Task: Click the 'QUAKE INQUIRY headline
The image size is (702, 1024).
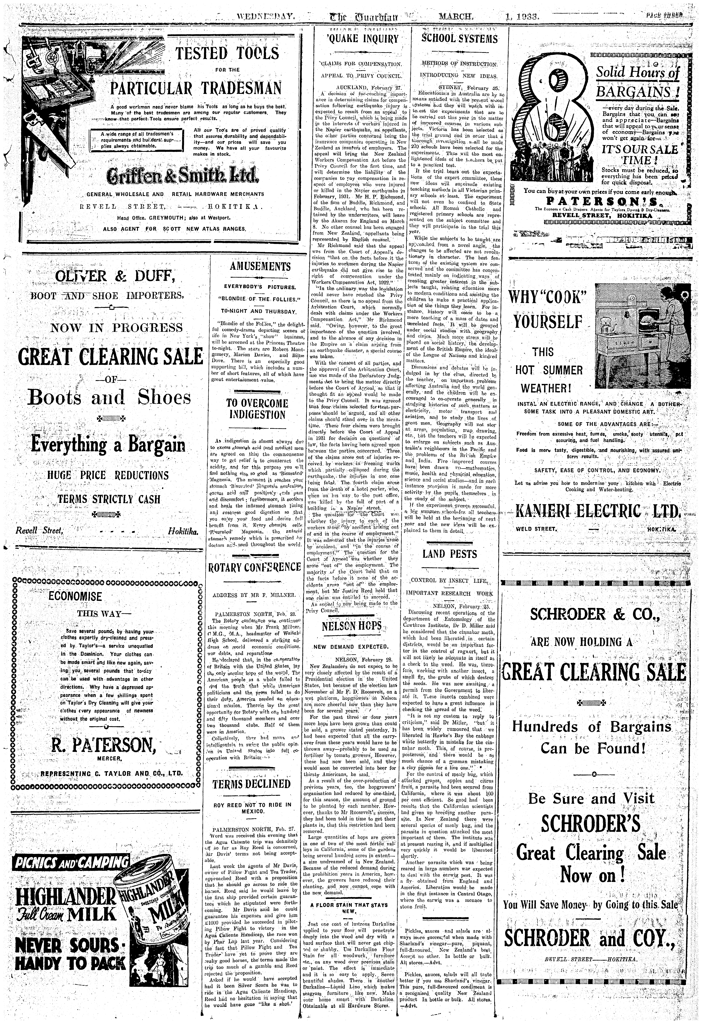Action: (x=362, y=39)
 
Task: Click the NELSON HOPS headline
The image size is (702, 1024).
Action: (x=358, y=627)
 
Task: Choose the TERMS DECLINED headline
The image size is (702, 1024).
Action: (x=251, y=784)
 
